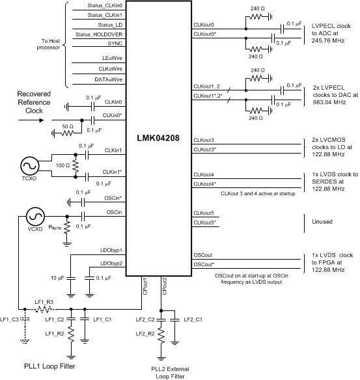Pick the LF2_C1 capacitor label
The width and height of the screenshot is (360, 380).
click(x=193, y=319)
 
